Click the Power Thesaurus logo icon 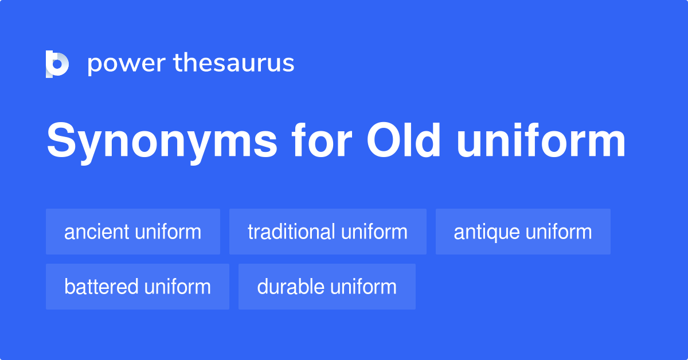57,64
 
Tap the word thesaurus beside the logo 234,64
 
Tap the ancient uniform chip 133,232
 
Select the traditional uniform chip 327,232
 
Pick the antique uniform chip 523,232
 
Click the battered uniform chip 138,287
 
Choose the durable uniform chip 327,287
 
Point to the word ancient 97,232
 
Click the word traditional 291,232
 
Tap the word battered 101,287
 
